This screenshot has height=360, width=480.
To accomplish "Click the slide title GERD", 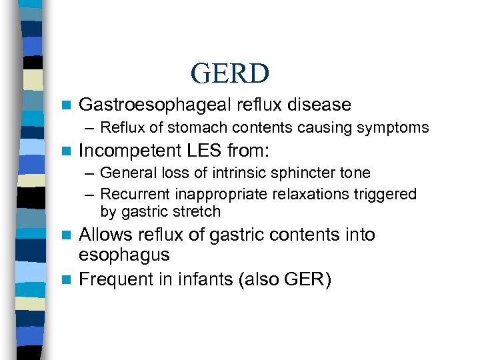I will pos(229,73).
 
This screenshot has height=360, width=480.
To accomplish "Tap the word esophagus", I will pos(124,255).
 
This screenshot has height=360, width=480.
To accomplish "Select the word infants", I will pos(197,279).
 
